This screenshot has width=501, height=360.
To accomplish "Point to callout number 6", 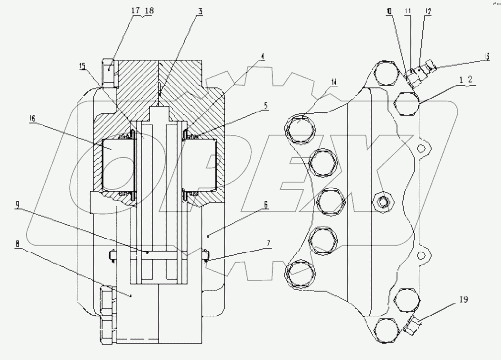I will tap(265, 205).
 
